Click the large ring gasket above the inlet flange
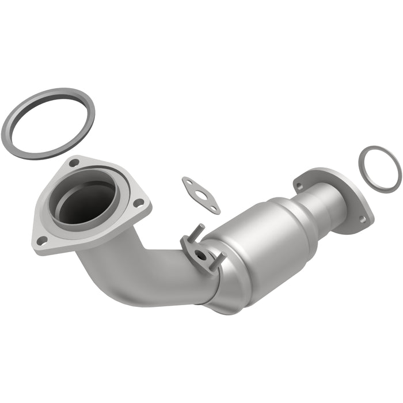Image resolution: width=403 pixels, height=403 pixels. [17, 115]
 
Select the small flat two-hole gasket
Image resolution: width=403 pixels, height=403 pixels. [193, 188]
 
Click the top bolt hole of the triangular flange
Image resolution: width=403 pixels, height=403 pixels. [74, 163]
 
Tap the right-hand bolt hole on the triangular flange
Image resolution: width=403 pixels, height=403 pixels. [138, 203]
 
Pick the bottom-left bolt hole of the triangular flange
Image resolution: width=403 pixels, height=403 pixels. [41, 240]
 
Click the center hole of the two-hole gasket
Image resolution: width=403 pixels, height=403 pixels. [201, 194]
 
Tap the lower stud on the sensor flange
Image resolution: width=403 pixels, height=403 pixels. [219, 264]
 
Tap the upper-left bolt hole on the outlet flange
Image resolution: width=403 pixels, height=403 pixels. [299, 185]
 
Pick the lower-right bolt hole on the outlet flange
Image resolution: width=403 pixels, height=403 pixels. [362, 219]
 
